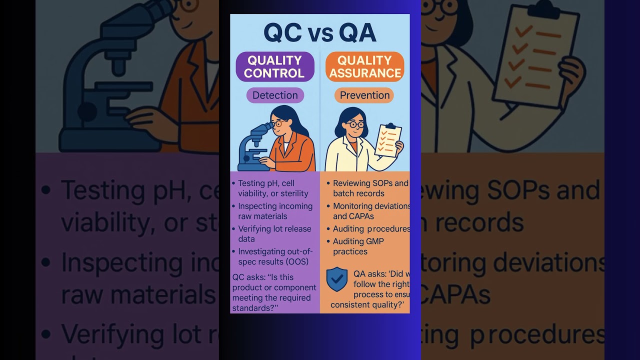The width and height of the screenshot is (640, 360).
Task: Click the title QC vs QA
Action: click(x=320, y=33)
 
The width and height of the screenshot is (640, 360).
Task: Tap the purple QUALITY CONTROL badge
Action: click(x=274, y=66)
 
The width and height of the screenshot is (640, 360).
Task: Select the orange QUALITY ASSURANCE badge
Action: click(x=364, y=66)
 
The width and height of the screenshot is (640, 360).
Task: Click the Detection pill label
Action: click(x=275, y=95)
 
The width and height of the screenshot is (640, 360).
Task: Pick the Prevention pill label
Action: click(x=364, y=95)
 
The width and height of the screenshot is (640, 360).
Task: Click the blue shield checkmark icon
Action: click(x=336, y=279)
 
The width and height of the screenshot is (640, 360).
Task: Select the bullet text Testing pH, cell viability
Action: click(x=272, y=188)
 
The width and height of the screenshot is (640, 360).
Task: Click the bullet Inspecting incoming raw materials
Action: click(x=275, y=211)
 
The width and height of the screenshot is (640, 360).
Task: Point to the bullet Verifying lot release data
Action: click(x=274, y=233)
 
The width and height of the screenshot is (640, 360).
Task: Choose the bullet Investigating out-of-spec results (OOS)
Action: click(x=275, y=256)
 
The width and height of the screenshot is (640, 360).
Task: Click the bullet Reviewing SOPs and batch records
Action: click(x=370, y=188)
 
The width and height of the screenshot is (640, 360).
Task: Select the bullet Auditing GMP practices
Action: click(x=358, y=246)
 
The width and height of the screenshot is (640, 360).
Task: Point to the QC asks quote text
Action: click(x=274, y=292)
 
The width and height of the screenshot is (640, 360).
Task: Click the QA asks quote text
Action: click(x=372, y=289)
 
